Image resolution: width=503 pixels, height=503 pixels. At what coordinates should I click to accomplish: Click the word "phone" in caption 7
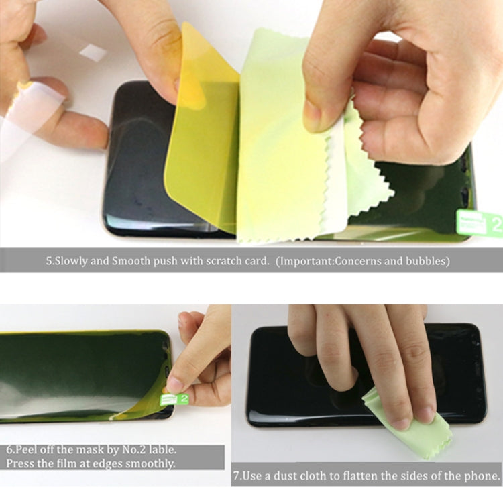point(481,476)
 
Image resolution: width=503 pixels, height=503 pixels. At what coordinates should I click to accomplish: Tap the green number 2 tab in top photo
point(480,225)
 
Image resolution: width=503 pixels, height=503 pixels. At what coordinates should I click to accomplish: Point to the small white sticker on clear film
point(93,52)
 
